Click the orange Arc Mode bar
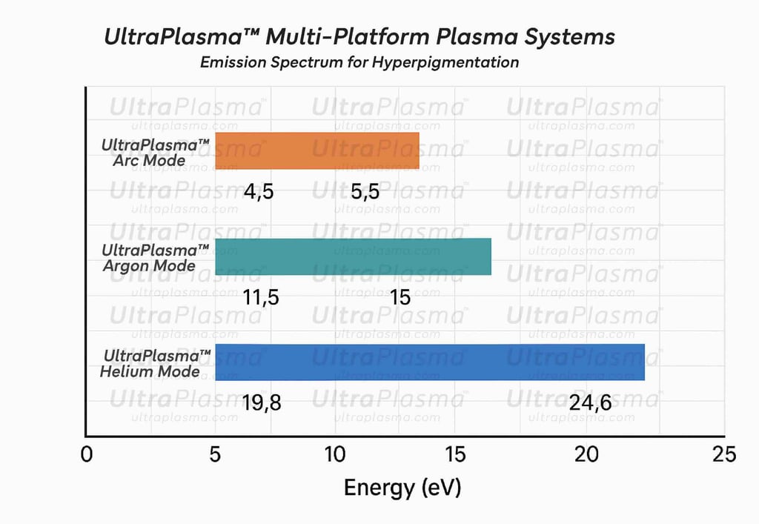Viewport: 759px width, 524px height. [x=317, y=151]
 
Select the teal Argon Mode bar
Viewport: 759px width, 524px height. [x=353, y=256]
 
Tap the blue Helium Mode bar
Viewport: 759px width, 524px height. [x=430, y=362]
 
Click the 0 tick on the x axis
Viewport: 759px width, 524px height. [x=87, y=454]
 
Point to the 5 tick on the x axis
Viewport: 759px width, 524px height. [x=215, y=454]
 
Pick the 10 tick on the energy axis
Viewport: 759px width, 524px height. [x=335, y=454]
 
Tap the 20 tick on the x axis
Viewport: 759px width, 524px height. [x=587, y=454]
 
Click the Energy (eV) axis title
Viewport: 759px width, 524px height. [x=402, y=488]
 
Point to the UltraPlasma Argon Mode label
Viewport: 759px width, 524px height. [x=156, y=257]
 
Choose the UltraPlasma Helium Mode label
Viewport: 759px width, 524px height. [x=156, y=363]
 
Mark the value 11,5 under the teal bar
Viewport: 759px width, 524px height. [x=260, y=297]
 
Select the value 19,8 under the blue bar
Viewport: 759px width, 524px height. [x=262, y=403]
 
